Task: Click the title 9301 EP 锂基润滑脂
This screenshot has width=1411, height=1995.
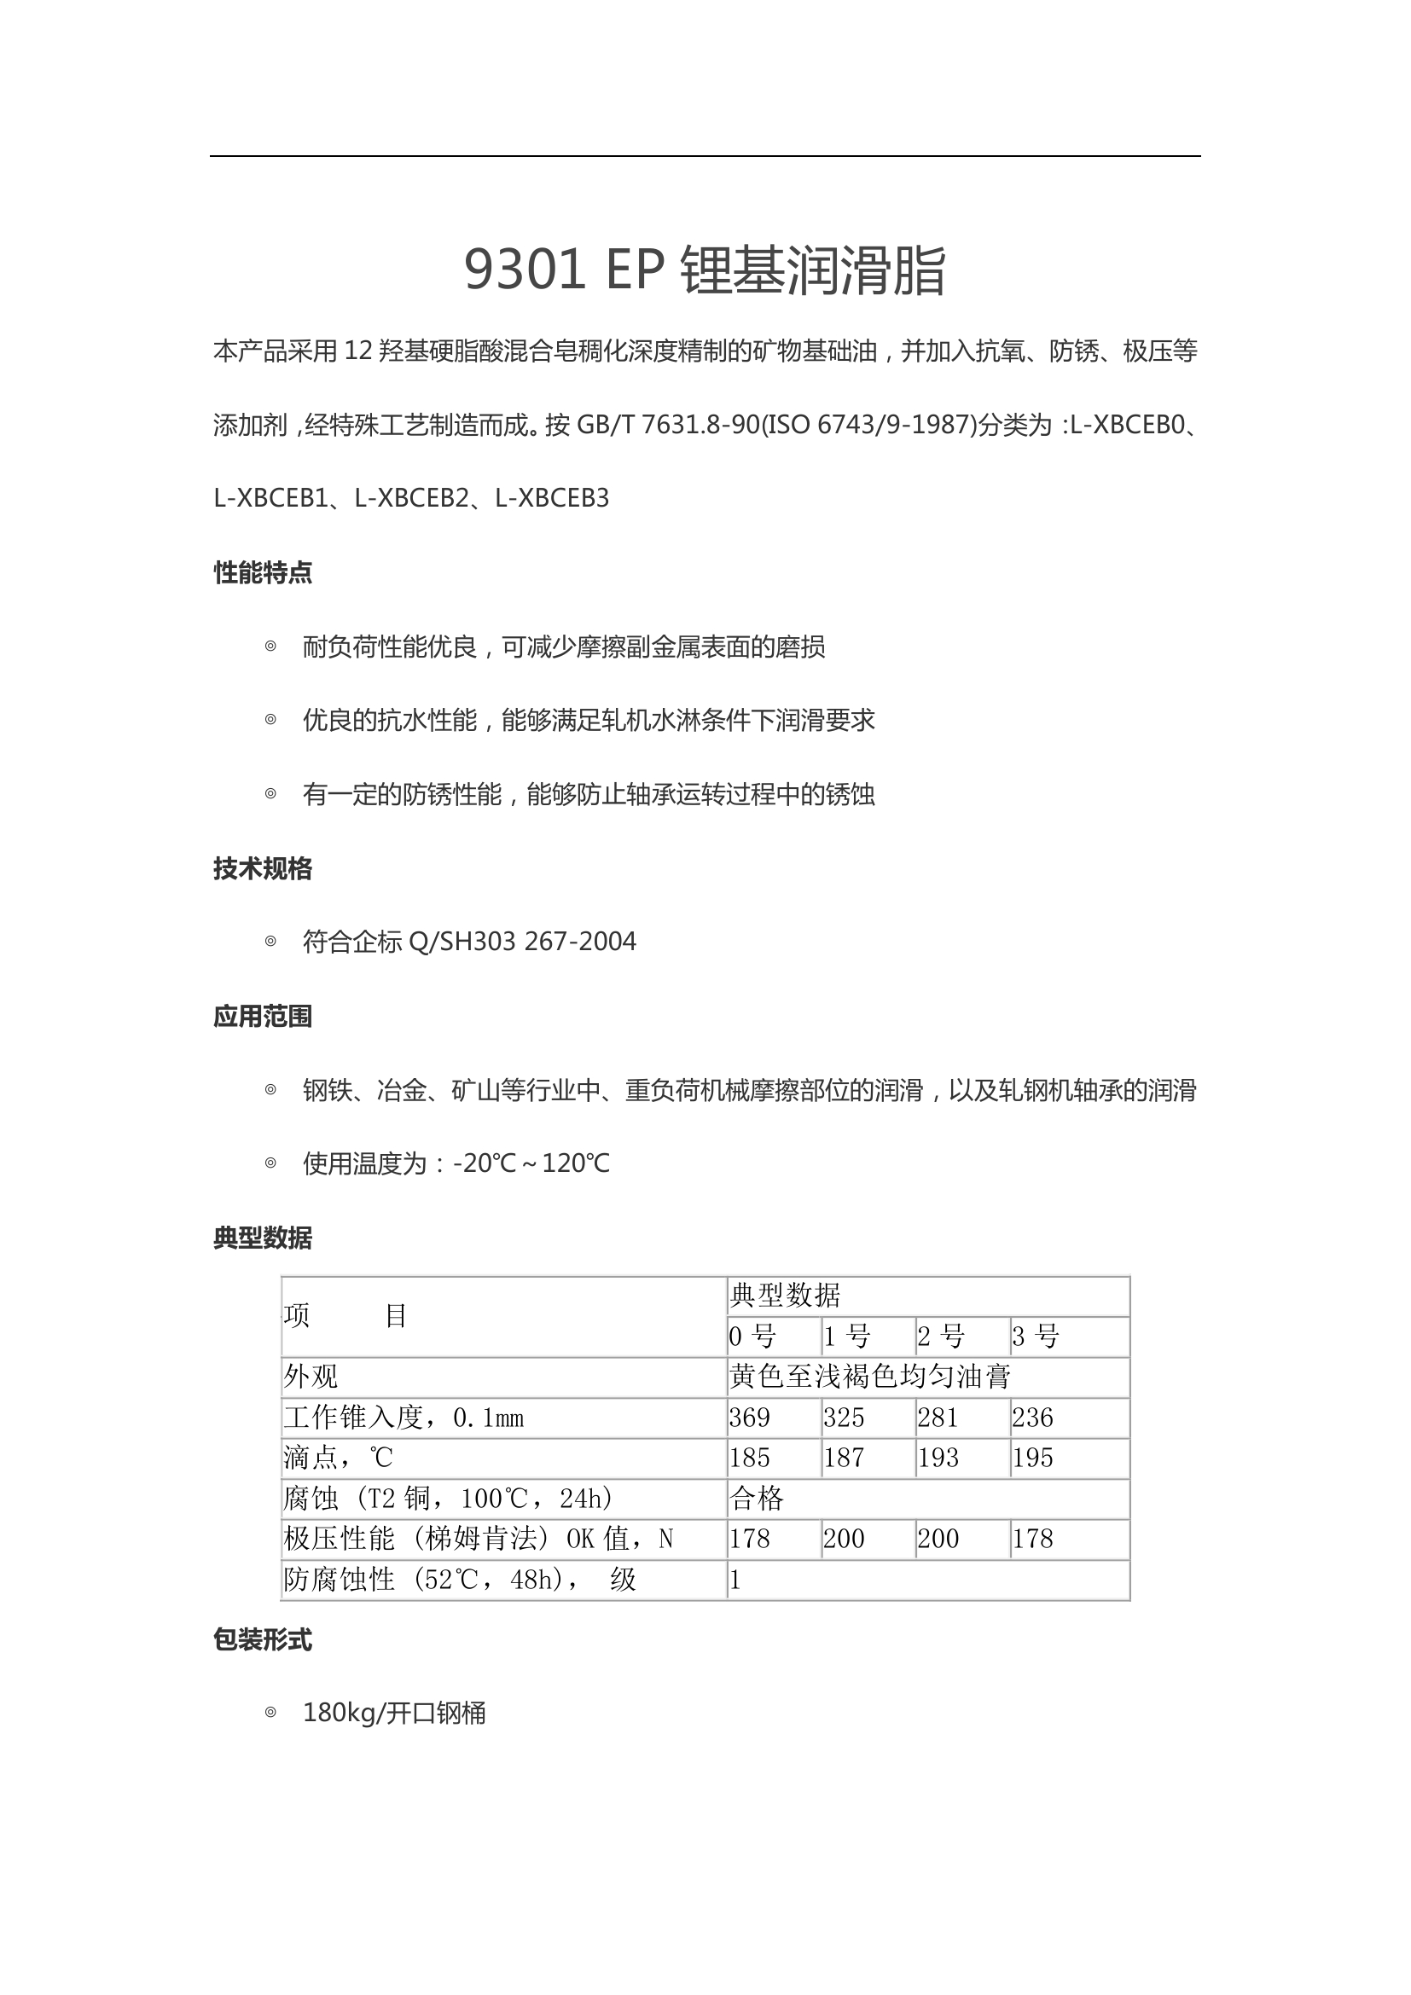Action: coord(705,270)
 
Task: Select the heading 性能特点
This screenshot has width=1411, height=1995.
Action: coord(263,572)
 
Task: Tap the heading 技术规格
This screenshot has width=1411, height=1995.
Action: coord(263,868)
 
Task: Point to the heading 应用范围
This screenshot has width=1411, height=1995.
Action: coord(263,1016)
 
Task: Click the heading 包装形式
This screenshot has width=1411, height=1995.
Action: coord(263,1639)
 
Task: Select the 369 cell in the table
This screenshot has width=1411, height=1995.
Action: coord(750,1418)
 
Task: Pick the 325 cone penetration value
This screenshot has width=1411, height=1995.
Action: coord(844,1418)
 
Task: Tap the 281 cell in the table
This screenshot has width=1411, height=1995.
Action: coord(938,1418)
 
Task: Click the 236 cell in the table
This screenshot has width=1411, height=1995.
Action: coord(1033,1418)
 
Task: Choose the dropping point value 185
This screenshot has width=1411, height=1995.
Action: coord(750,1458)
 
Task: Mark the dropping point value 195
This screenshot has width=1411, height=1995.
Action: coord(1033,1458)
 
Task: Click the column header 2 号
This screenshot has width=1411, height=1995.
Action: coord(941,1337)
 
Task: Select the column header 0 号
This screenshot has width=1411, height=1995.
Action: coord(752,1337)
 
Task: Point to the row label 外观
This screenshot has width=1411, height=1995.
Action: coord(311,1377)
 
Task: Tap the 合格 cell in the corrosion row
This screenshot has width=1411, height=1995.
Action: coord(757,1498)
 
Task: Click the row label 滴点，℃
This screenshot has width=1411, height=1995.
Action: coord(339,1458)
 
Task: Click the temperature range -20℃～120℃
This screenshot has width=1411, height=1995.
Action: coord(531,1163)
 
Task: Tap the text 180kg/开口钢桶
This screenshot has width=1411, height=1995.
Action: coord(394,1714)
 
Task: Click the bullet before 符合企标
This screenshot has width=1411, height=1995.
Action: coord(270,941)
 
